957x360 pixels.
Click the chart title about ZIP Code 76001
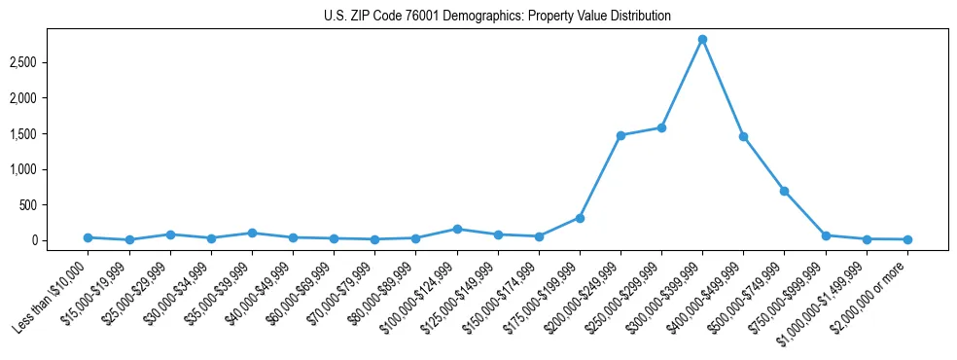[497, 17]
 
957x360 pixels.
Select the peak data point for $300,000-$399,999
[702, 40]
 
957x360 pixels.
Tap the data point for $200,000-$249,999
[620, 135]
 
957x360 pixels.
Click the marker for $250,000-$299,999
[661, 127]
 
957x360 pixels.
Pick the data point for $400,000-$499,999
[743, 136]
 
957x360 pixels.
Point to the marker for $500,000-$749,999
[784, 191]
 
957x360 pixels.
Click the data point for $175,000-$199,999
[580, 218]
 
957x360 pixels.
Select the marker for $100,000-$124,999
[457, 229]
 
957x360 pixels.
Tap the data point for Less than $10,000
[89, 237]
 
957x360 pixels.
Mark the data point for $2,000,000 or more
[907, 239]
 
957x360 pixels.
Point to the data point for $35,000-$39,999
[252, 234]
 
